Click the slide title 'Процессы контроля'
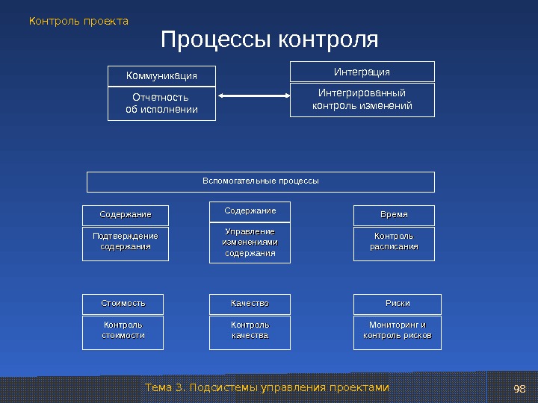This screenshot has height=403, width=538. tap(270, 40)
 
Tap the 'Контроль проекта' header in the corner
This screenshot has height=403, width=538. tap(78, 21)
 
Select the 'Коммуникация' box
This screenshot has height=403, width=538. tap(161, 76)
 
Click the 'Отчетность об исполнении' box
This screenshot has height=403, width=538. tap(161, 104)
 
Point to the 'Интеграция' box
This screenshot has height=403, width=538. tap(362, 72)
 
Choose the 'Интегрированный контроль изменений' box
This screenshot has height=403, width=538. tap(362, 99)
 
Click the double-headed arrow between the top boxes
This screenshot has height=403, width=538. tap(253, 96)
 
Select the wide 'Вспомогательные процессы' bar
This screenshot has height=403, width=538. tap(260, 181)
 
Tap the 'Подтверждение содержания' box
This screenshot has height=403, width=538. tap(126, 242)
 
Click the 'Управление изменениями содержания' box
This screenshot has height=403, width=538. tap(250, 243)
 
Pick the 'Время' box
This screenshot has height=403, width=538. tap(394, 215)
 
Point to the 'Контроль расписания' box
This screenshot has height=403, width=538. tap(394, 242)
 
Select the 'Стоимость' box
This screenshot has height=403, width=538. tap(123, 304)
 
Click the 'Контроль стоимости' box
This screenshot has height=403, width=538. tap(123, 331)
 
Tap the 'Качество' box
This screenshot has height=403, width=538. tap(250, 304)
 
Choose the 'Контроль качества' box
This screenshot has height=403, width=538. tap(250, 331)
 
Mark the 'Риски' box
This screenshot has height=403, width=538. tap(397, 304)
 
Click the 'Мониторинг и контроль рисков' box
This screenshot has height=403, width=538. tap(397, 331)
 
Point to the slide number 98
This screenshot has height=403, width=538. tap(520, 389)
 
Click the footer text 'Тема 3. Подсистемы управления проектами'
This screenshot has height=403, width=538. tap(267, 387)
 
